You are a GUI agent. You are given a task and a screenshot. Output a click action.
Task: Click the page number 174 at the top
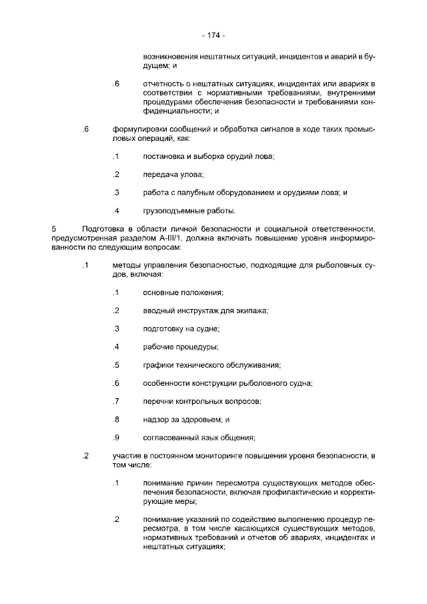(x=213, y=35)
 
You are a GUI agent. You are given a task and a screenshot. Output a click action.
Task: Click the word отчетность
(x=163, y=83)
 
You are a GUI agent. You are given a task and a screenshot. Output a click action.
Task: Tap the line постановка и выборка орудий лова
(x=208, y=156)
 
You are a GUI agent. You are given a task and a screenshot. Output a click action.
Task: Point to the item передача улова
(x=173, y=175)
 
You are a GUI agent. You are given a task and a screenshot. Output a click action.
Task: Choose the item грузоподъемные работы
(x=189, y=212)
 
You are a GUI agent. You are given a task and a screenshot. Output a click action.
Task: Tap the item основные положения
(x=183, y=293)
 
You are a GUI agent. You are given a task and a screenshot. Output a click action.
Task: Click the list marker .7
(x=115, y=401)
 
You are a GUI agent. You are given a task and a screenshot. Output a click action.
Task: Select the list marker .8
(x=115, y=419)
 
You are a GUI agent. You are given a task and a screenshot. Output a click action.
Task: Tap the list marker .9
(x=115, y=437)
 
